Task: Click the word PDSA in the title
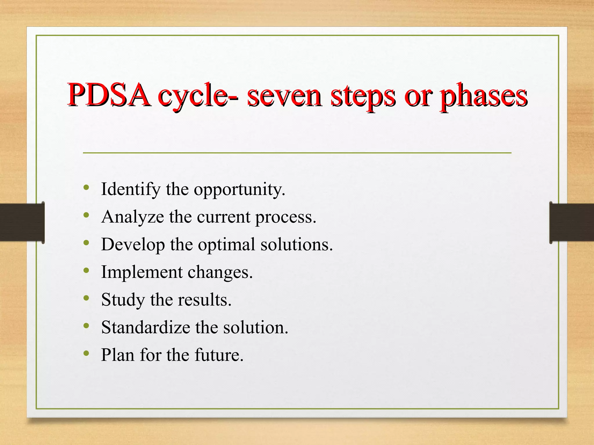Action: [109, 95]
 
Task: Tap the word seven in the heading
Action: [284, 96]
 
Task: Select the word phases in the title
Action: [483, 96]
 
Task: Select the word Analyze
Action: [133, 217]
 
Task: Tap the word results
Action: [204, 300]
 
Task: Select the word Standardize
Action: [145, 327]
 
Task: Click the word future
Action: [219, 355]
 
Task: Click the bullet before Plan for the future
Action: [86, 353]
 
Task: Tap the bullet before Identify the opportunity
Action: [86, 187]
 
